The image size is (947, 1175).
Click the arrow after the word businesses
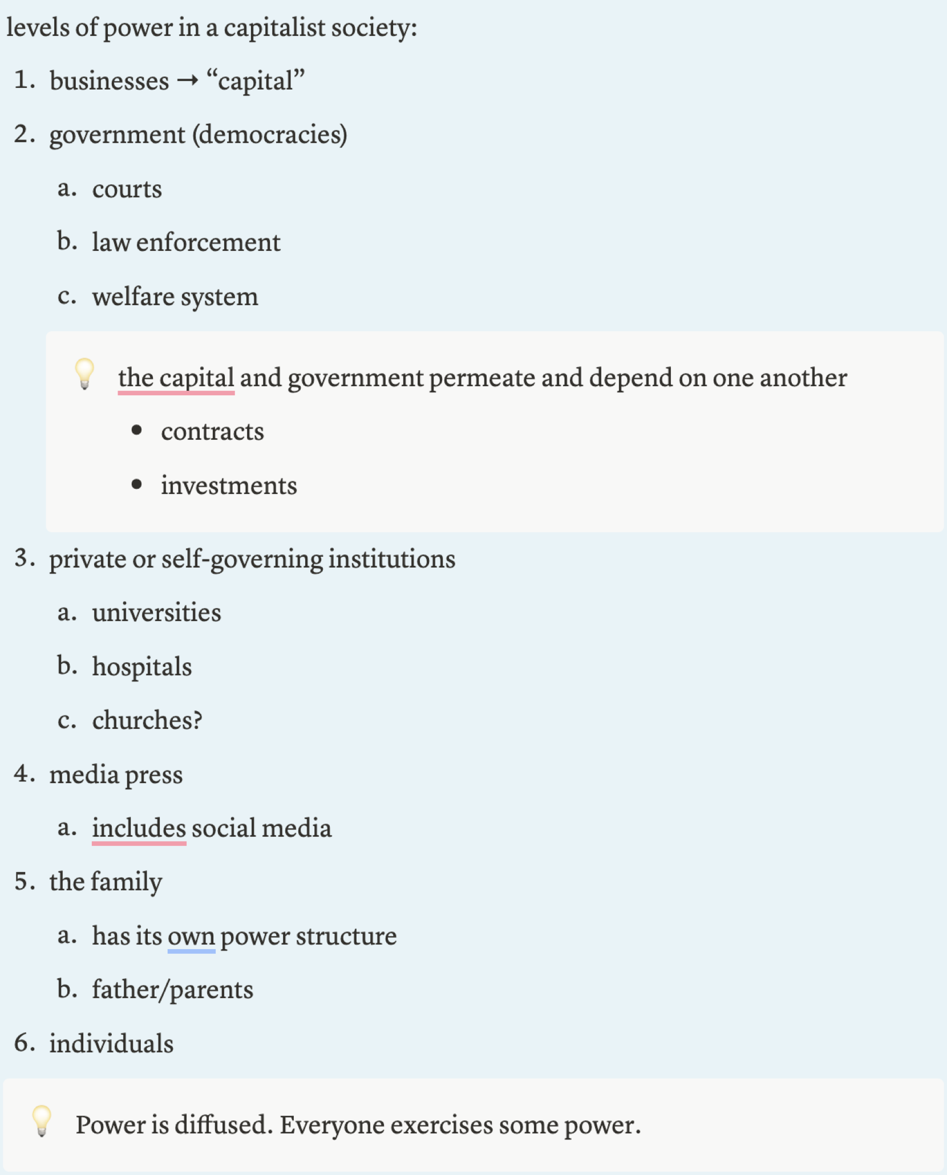coord(187,81)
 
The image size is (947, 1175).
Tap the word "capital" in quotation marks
coord(256,81)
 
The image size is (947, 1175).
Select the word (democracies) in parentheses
coord(270,135)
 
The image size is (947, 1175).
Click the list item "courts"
coord(127,189)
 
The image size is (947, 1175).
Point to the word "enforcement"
coord(208,242)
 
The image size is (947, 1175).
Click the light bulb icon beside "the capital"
coord(84,374)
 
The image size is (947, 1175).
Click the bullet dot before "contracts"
coord(136,430)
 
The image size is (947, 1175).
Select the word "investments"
coord(229,485)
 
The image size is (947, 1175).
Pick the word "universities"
coord(156,613)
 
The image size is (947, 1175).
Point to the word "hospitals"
coord(142,666)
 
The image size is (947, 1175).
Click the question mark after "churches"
coord(197,720)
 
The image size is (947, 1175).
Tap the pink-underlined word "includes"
coord(139,828)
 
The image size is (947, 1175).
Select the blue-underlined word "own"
coord(191,936)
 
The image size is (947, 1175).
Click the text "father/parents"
coord(172,990)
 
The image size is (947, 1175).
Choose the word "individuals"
coord(111,1044)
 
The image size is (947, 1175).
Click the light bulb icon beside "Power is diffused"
coord(42,1120)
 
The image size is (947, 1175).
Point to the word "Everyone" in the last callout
coord(331,1125)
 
